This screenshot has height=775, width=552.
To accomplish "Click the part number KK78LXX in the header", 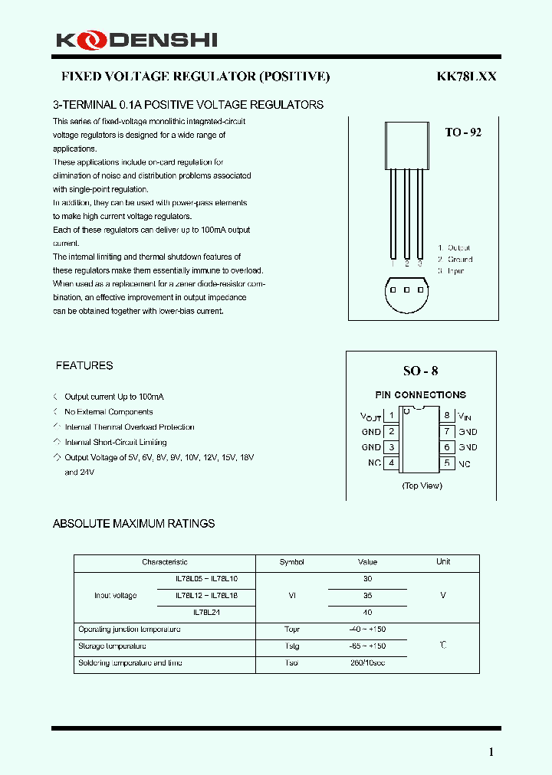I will point(467,77).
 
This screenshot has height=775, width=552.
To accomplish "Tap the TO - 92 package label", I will point(463,132).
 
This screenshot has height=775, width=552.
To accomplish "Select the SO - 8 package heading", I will point(421,371).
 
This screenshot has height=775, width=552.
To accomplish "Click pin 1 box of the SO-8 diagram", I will point(391,416).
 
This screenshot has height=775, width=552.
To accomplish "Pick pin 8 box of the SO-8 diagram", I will point(446,416).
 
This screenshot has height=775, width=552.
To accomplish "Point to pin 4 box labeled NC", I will point(391,463).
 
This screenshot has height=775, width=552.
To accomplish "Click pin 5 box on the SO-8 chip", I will point(446,463).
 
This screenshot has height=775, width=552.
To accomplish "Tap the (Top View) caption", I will point(422,486).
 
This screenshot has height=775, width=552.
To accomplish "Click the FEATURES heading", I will point(84,366).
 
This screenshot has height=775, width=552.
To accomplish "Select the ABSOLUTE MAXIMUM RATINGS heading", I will point(133,524).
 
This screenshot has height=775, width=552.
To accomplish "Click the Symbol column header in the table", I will point(291,562).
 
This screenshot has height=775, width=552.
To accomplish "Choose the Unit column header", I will point(443,562).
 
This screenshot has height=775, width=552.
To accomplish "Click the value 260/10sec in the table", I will point(368,662).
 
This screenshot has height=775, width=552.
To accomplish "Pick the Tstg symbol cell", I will point(291,646).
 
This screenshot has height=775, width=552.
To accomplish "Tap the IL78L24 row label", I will point(206,612).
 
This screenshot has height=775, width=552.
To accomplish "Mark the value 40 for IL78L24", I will point(368,612).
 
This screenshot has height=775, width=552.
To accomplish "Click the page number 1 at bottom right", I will point(491,752).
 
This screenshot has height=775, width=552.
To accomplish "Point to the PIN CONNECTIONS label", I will point(420,395).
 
